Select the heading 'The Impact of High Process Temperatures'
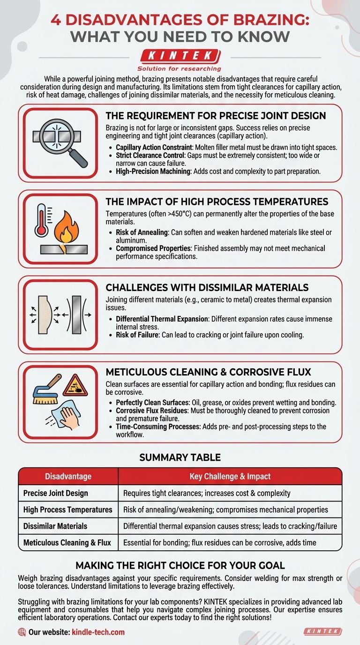pyautogui.click(x=217, y=202)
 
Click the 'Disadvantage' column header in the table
pyautogui.click(x=68, y=476)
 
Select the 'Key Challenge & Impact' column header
pyautogui.click(x=230, y=476)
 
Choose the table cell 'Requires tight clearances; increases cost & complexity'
pyautogui.click(x=207, y=493)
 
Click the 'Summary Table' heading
pyautogui.click(x=180, y=457)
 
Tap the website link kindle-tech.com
pyautogui.click(x=98, y=632)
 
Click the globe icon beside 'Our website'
pyautogui.click(x=22, y=632)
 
